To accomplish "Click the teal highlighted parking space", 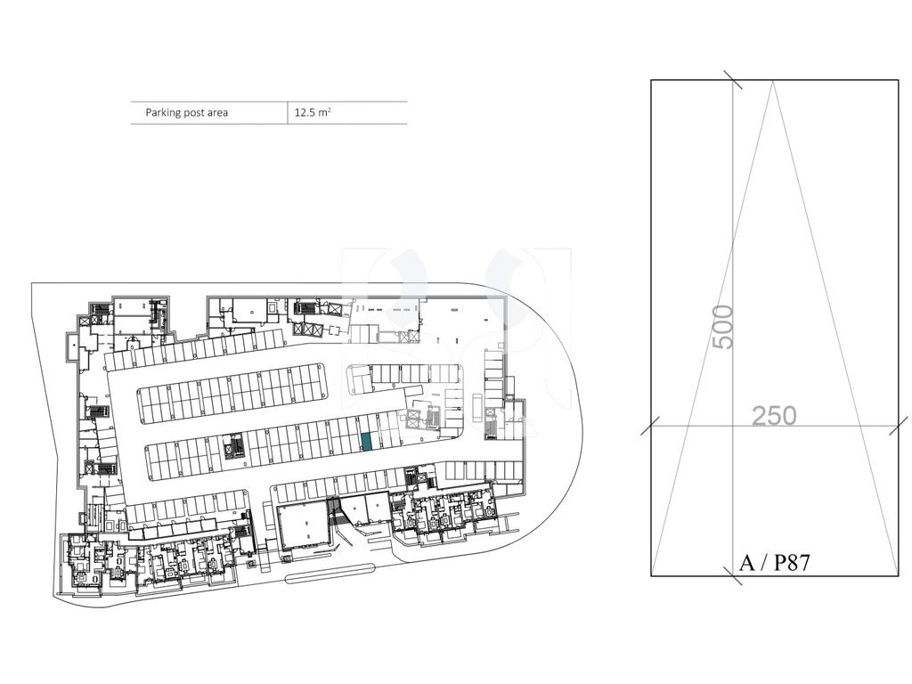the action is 367,442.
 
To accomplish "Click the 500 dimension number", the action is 723,327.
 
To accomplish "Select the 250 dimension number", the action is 774,416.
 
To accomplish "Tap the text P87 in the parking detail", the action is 792,563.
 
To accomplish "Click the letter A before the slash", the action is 745,563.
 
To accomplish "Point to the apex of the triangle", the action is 773,81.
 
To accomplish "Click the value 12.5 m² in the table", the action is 313,112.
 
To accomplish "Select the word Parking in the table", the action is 163,113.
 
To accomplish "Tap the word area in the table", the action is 216,113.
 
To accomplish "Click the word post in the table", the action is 193,113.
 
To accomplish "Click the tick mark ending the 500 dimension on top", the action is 733,79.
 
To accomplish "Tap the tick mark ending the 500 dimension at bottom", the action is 733,576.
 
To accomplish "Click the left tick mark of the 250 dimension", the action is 650,425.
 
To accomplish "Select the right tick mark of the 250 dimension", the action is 899,425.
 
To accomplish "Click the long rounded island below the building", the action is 330,574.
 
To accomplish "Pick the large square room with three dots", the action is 303,528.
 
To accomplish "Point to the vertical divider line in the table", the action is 288,113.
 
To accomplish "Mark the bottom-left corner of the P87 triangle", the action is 651,575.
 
